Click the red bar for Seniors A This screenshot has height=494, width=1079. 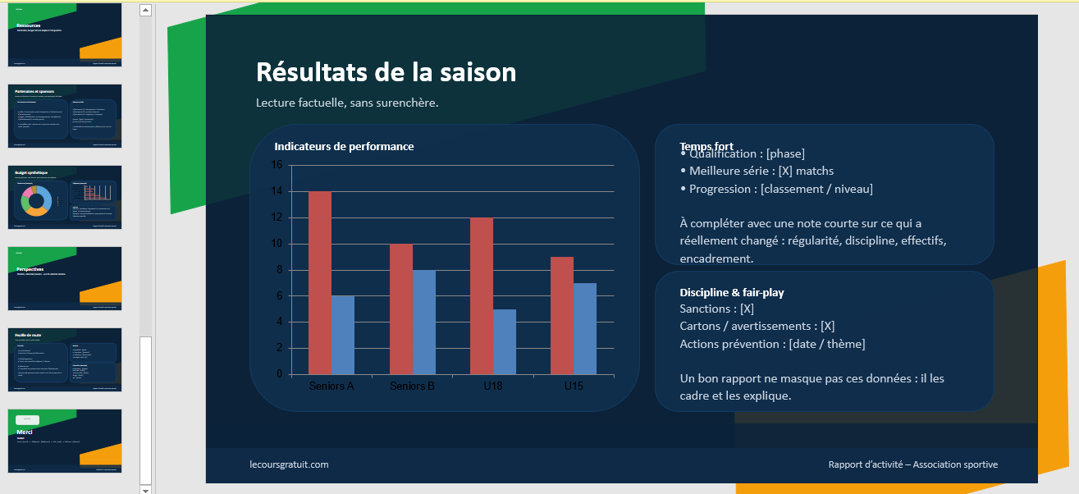tap(319, 282)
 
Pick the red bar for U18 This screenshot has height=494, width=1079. tap(481, 295)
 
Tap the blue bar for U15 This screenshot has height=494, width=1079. tap(584, 328)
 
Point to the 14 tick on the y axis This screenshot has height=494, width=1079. tap(276, 191)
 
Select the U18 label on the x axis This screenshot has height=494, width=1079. tap(492, 387)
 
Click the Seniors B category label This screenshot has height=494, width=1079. tap(412, 387)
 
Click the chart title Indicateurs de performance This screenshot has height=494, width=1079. tap(344, 146)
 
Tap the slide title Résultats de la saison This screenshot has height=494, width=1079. tap(386, 72)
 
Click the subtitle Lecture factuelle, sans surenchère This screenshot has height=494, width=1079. tap(347, 103)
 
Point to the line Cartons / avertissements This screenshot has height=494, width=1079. tap(757, 326)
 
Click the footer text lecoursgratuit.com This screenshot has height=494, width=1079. tap(289, 464)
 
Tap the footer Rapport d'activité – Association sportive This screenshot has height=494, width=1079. tap(912, 464)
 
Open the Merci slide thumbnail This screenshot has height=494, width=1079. tap(65, 441)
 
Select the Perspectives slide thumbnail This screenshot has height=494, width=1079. tap(65, 278)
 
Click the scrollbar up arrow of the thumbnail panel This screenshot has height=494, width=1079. tap(145, 11)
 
